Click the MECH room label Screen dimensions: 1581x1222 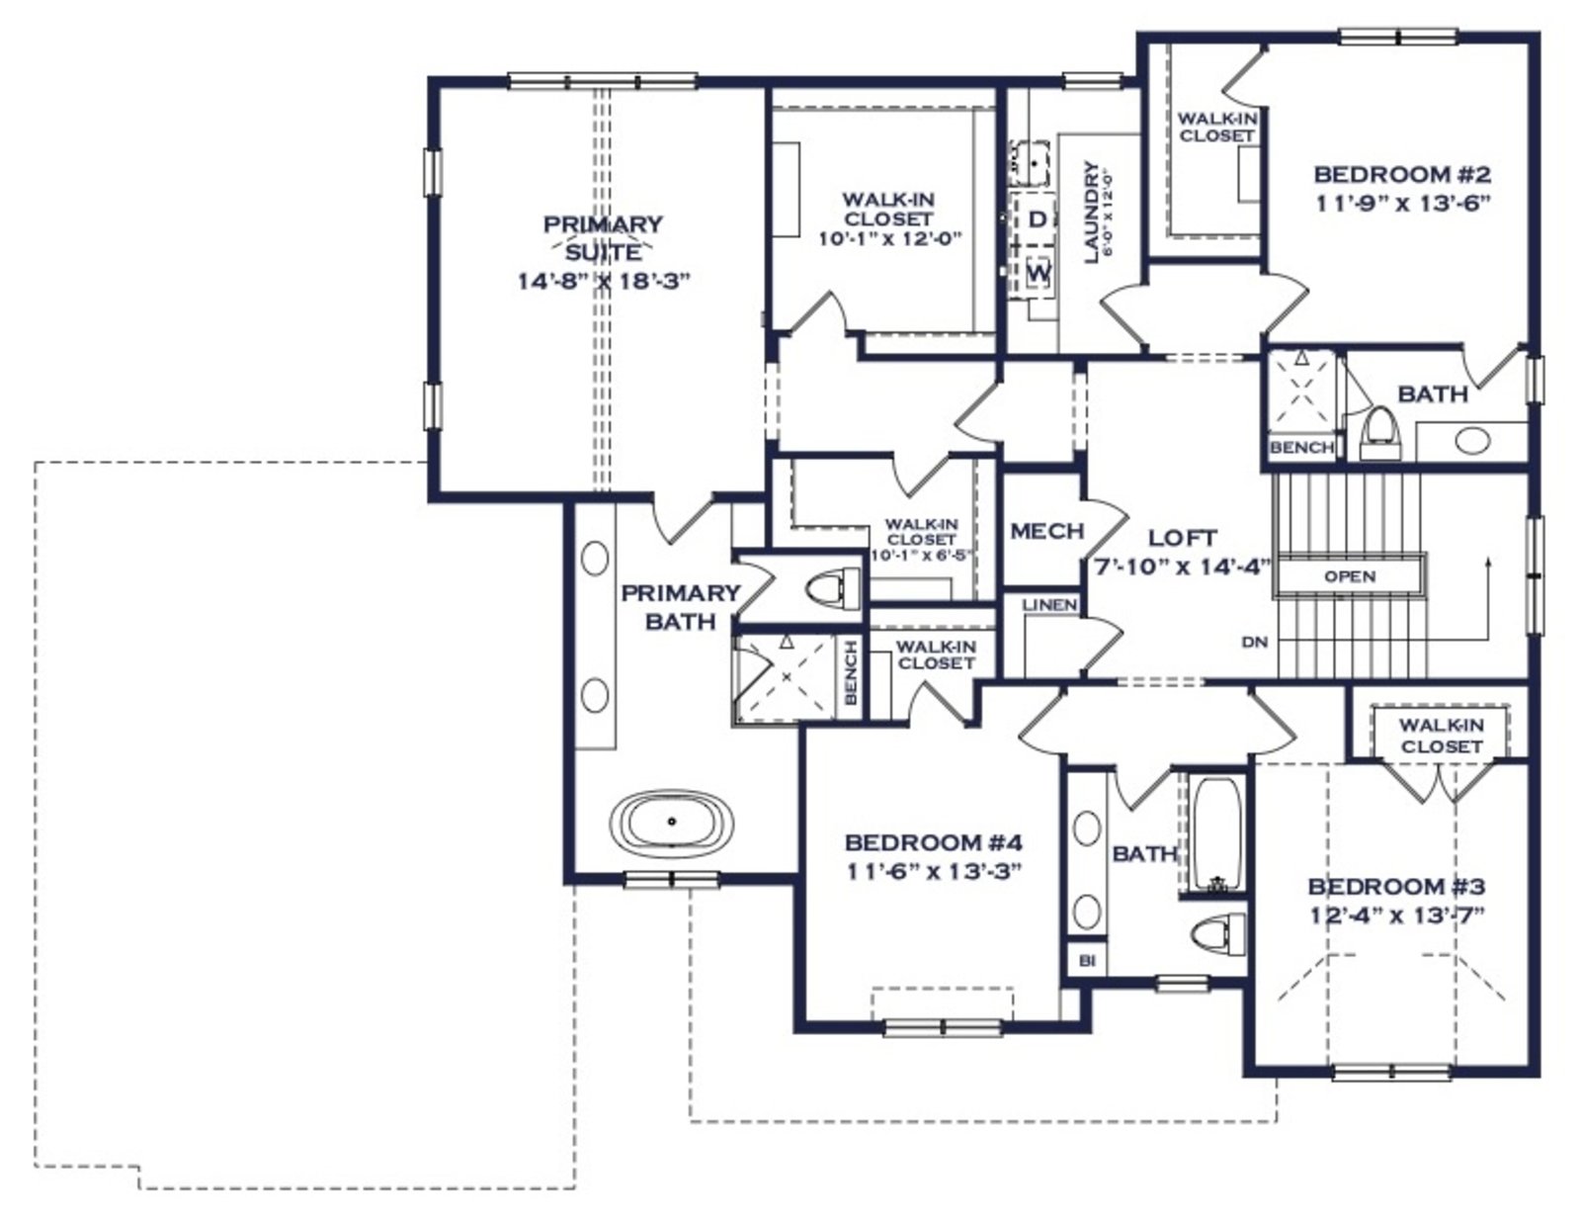tap(1047, 531)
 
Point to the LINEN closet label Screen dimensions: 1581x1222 tap(1049, 605)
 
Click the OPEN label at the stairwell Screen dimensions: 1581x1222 tap(1350, 576)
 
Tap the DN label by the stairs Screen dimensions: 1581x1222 tap(1255, 642)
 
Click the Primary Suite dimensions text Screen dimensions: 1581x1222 tap(603, 281)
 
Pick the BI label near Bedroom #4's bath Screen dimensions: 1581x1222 tap(1087, 961)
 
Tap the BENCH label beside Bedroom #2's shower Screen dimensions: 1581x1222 tap(1301, 448)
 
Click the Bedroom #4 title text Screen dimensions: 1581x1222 tap(934, 842)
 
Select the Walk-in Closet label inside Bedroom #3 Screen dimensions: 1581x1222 tap(1442, 736)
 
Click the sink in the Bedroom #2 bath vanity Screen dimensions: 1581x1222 tap(1472, 440)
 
